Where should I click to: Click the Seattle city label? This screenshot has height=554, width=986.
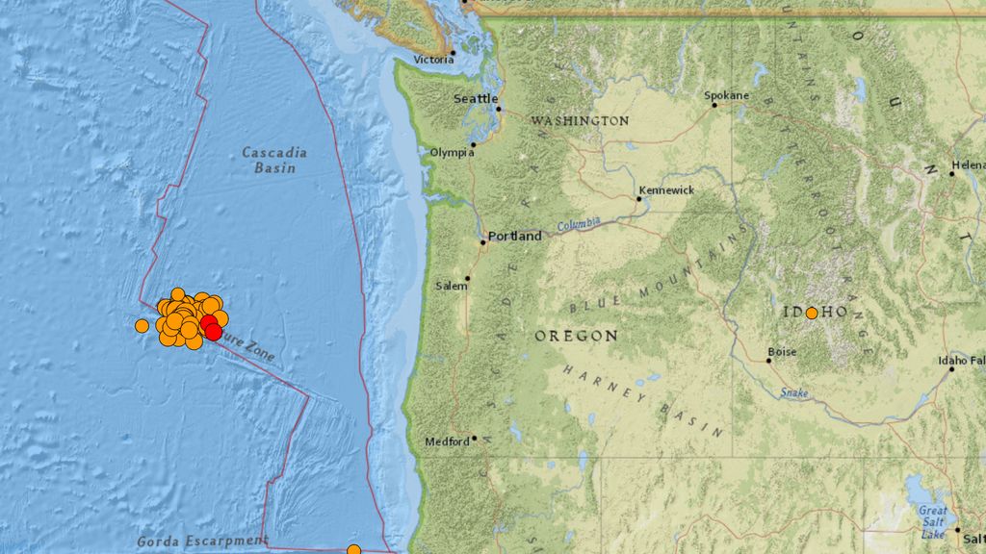point(476,99)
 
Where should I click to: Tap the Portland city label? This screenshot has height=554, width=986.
point(514,236)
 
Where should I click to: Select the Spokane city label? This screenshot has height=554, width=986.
point(726,95)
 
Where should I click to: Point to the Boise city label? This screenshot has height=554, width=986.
point(782,352)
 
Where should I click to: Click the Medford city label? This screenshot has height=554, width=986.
point(447,441)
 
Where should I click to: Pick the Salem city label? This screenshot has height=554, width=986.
point(449,286)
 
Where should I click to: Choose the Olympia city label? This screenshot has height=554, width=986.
point(452,152)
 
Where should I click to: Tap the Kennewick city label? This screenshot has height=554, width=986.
point(665,190)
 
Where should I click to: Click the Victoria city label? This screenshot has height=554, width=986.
point(432,60)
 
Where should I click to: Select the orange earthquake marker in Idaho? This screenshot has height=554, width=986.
point(812,313)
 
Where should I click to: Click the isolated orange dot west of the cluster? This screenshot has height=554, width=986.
point(142,326)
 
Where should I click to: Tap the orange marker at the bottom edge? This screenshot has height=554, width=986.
point(353,550)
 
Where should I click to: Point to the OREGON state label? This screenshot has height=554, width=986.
point(576,336)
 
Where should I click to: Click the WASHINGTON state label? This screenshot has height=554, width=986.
point(580,121)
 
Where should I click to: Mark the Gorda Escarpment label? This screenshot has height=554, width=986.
point(202,541)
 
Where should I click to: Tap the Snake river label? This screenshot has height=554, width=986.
point(793,392)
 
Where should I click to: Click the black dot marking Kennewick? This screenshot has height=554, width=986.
point(638,200)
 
